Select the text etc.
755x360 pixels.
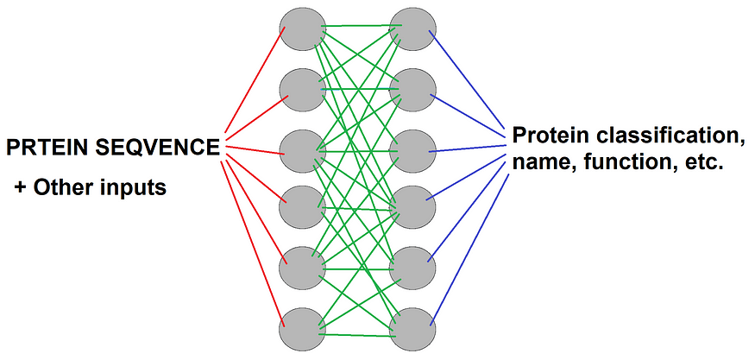click(700, 161)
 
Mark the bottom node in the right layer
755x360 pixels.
click(411, 328)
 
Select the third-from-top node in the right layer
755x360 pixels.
click(411, 149)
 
